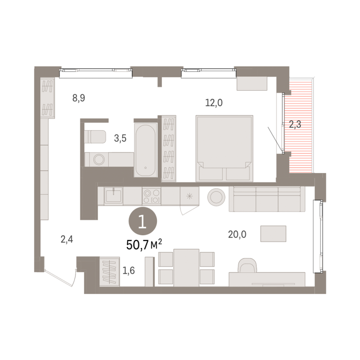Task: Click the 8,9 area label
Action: [79, 98]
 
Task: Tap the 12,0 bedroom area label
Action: [214, 103]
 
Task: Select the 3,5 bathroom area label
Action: [120, 138]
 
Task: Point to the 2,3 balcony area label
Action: [295, 125]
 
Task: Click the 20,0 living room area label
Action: [237, 234]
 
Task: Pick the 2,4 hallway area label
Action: [67, 240]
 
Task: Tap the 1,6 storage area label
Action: [128, 270]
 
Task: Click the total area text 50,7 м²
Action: [144, 245]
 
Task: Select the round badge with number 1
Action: [143, 221]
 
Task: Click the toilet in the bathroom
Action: [95, 137]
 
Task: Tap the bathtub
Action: [146, 150]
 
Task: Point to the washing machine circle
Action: [99, 159]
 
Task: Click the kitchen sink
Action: [113, 195]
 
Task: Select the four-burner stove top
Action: [151, 196]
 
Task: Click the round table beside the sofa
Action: [216, 197]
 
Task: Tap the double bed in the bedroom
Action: [225, 149]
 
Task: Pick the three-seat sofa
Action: [267, 199]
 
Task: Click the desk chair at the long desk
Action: [247, 265]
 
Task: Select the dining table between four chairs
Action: [186, 268]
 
